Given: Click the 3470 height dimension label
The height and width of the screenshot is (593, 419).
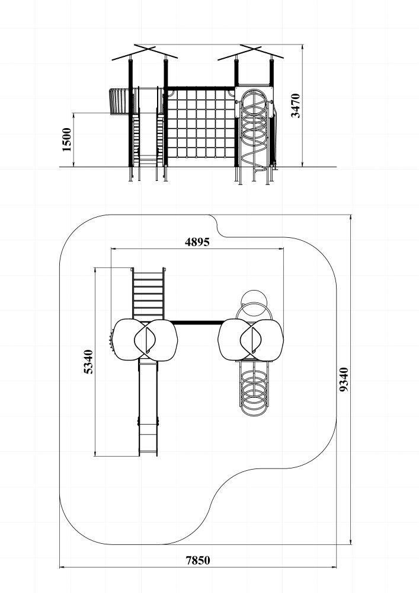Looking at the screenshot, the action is point(296,106).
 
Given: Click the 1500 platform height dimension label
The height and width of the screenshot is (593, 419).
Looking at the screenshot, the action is point(66,139).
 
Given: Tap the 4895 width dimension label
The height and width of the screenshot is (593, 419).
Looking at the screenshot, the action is point(197,242).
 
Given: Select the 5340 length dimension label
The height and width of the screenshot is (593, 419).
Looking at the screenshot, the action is point(88,362).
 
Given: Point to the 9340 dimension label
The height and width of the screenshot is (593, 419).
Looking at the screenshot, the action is point(344,380).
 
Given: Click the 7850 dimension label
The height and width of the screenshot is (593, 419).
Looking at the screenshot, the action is point(198,560).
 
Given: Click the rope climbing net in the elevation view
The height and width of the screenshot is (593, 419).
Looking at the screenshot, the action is point(201,124).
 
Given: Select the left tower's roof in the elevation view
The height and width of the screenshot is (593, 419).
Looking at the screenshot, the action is point(145,53).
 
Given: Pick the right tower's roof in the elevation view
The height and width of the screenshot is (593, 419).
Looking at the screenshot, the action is point(251,53).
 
